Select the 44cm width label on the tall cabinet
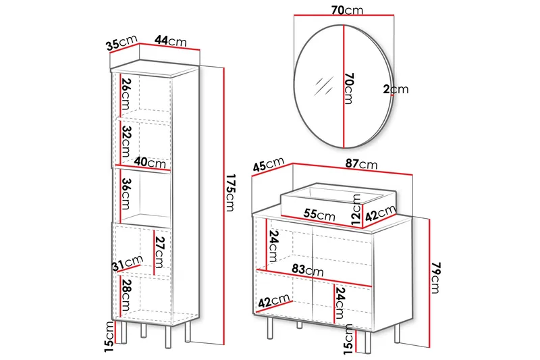point(170,41)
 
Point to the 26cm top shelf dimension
point(126,96)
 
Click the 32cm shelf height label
point(126,141)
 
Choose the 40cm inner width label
point(150,163)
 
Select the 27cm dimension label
point(160,252)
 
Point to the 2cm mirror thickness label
point(396,88)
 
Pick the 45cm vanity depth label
point(267,164)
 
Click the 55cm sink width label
point(319,215)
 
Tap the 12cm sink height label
point(357,209)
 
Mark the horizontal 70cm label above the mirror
point(344,10)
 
